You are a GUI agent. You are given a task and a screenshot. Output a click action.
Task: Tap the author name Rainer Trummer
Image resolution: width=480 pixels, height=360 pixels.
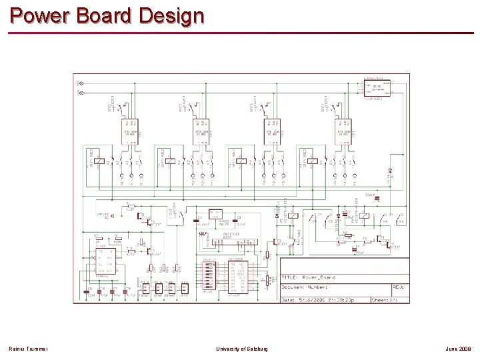pyautogui.click(x=27, y=349)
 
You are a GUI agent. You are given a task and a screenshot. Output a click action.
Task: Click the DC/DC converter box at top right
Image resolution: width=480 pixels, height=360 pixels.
pyautogui.click(x=377, y=87)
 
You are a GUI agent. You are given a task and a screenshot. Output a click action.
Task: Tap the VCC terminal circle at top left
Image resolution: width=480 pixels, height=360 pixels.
pyautogui.click(x=80, y=83)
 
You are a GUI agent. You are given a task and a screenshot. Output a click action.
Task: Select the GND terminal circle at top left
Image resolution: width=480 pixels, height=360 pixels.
pyautogui.click(x=80, y=92)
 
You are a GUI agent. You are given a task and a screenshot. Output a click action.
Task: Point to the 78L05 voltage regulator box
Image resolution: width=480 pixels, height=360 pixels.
pyautogui.click(x=215, y=216)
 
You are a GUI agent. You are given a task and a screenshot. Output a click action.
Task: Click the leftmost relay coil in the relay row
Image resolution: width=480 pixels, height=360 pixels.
pyautogui.click(x=99, y=161)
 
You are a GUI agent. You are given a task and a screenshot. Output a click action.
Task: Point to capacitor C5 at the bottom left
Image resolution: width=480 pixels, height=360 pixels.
pyautogui.click(x=89, y=291)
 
